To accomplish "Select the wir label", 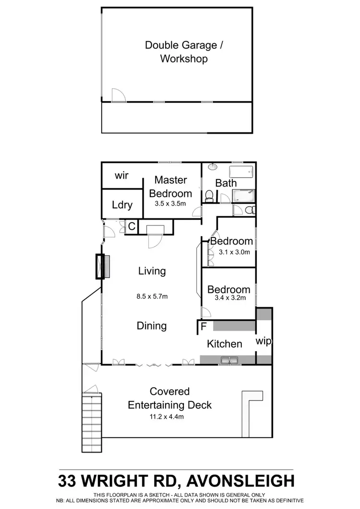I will click(x=122, y=176).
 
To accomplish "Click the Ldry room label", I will click(x=122, y=205).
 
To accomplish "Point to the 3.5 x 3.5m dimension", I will click(x=170, y=203).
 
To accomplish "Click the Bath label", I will click(x=226, y=183).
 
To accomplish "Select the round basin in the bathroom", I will click(x=213, y=167).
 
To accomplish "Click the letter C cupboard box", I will click(x=131, y=226).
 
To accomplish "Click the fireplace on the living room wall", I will click(x=102, y=266).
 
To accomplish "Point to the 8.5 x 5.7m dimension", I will click(x=152, y=296).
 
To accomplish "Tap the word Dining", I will click(x=152, y=326).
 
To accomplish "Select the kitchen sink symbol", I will click(x=228, y=359).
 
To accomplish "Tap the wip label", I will click(x=264, y=342).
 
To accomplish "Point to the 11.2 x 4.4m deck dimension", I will click(x=169, y=416).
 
